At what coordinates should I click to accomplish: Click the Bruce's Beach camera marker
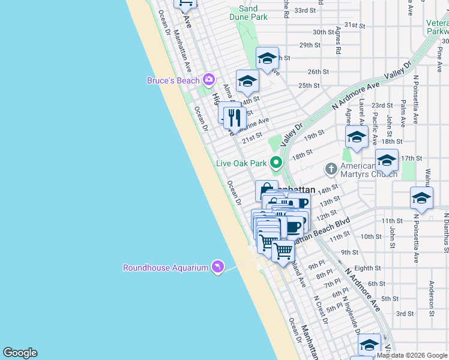click(x=209, y=79)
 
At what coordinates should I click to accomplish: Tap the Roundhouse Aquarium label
click(x=165, y=268)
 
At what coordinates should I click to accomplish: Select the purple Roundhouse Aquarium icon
click(x=217, y=266)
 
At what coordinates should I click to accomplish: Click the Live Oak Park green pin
click(x=276, y=162)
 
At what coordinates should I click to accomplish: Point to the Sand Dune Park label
click(x=248, y=13)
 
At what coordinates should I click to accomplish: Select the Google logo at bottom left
click(x=20, y=353)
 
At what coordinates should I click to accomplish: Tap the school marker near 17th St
click(x=387, y=160)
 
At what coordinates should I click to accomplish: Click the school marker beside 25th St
click(x=247, y=81)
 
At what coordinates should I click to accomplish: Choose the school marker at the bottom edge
click(x=369, y=344)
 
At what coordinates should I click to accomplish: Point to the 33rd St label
click(x=305, y=10)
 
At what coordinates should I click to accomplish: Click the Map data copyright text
click(x=411, y=355)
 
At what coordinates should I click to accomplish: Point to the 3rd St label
click(x=405, y=313)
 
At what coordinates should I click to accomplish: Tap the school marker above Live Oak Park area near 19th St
click(x=357, y=137)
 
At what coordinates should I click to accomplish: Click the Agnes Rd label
click(x=338, y=43)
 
